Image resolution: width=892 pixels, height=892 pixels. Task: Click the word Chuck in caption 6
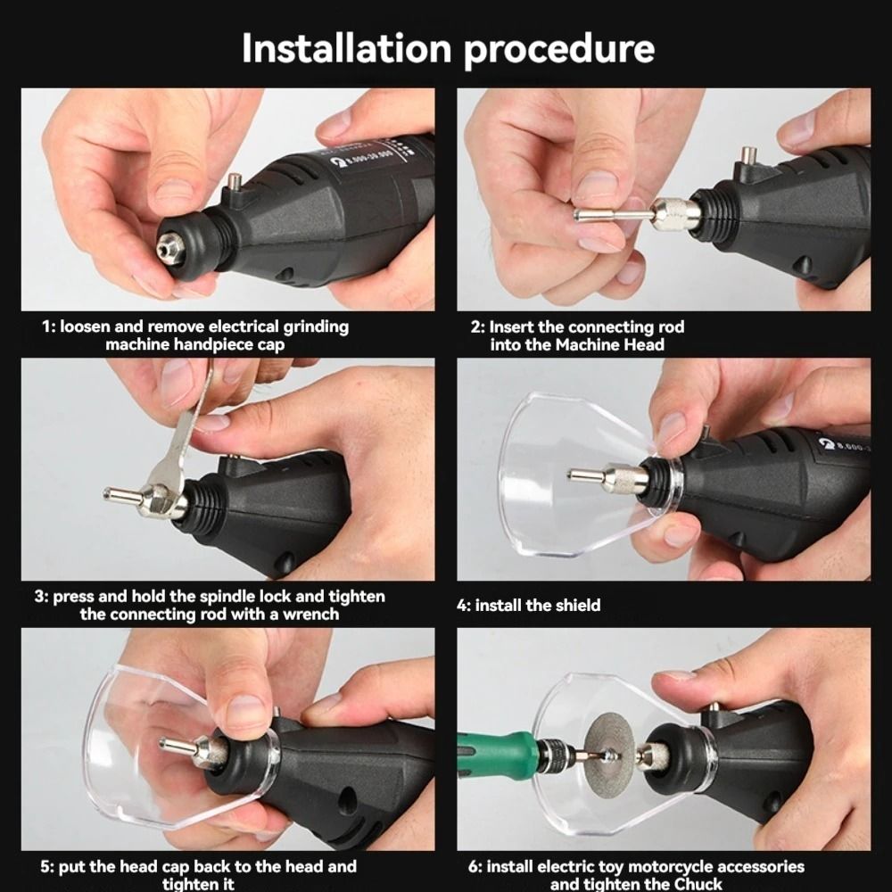coord(697,884)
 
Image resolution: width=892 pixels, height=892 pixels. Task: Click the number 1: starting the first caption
coord(49,327)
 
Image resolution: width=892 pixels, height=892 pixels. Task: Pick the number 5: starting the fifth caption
coord(48,867)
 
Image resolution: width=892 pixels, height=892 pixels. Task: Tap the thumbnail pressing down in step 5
coord(245,713)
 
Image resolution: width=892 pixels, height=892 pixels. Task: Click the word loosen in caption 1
coord(88,327)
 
